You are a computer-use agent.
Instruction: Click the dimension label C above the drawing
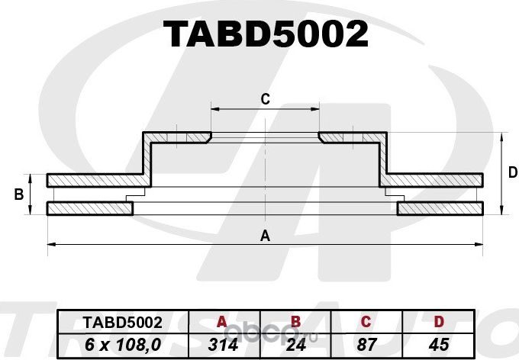(265, 98)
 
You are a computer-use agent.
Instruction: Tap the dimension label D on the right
(513, 173)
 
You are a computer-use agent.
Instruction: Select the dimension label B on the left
(18, 195)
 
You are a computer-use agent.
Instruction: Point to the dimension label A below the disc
(265, 236)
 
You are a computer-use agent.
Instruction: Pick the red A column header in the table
(222, 322)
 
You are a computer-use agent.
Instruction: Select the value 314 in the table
(222, 344)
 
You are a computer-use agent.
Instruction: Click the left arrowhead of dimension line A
(51, 244)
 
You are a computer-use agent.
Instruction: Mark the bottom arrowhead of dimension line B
(31, 213)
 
